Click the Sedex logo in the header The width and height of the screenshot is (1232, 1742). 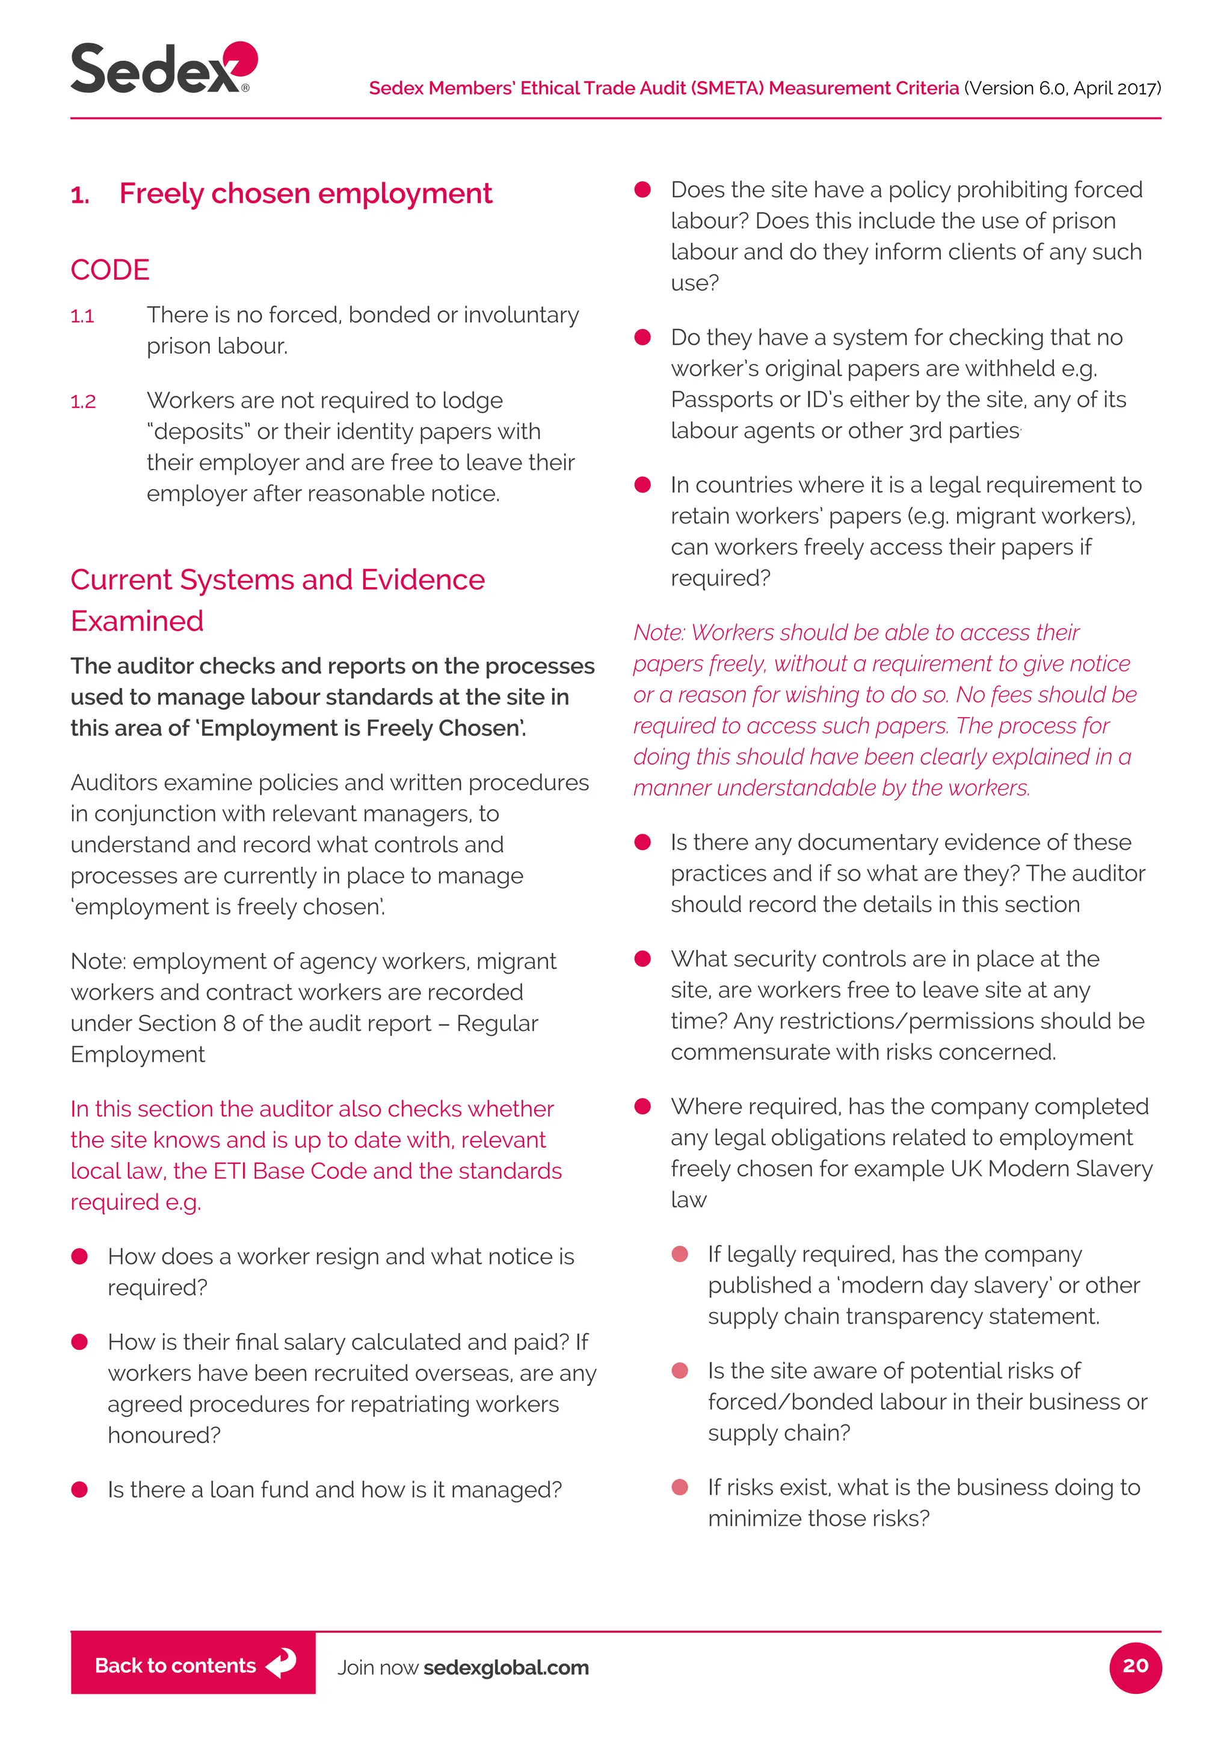pos(163,69)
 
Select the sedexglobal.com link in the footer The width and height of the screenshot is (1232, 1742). pos(506,1667)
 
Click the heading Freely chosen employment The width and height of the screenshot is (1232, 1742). pos(305,194)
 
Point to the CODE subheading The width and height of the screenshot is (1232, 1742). pos(110,269)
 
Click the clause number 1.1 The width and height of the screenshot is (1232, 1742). pos(82,316)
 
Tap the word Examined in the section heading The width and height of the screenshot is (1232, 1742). pos(137,621)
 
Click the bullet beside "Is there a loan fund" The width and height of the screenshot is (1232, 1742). pos(79,1489)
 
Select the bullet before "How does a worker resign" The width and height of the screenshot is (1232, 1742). pos(79,1257)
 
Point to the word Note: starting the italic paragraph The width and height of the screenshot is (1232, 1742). pos(659,632)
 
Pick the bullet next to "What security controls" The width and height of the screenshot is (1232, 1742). pos(642,959)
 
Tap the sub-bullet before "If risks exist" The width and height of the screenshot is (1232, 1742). pos(680,1487)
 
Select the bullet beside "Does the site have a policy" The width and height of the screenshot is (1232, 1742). pos(642,189)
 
